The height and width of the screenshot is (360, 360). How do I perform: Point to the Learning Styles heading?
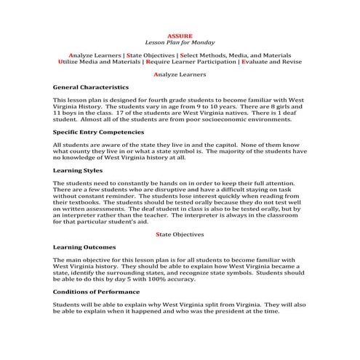pyautogui.click(x=77, y=170)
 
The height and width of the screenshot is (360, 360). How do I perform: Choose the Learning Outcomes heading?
pyautogui.click(x=84, y=247)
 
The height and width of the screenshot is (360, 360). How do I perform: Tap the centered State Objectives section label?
pyautogui.click(x=180, y=234)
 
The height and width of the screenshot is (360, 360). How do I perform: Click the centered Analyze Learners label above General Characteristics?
pyautogui.click(x=180, y=74)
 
